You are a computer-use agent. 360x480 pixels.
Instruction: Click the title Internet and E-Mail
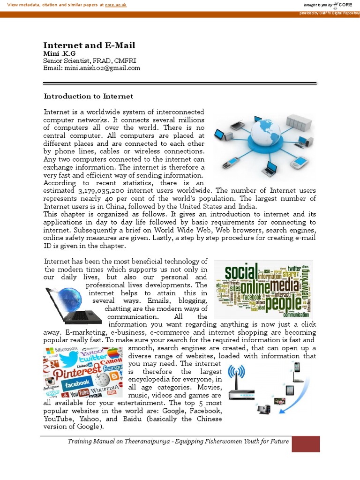[89, 45]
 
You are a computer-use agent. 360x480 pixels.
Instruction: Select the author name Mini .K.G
[59, 53]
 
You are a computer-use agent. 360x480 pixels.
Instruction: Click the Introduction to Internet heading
[89, 96]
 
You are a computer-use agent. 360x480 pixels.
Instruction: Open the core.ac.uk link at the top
[116, 4]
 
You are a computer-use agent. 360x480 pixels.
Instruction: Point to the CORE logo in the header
[344, 5]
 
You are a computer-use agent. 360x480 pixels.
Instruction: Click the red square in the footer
[306, 443]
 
